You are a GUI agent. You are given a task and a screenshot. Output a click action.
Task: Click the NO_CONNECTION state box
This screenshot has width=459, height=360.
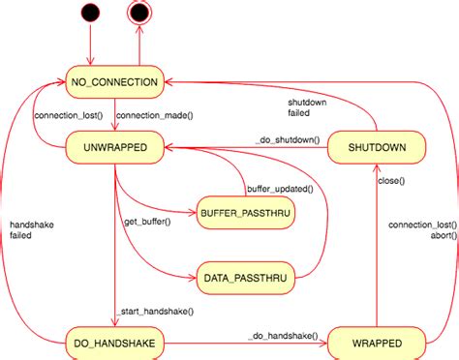point(114,82)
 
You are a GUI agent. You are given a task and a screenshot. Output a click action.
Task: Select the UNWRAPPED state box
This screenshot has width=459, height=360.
point(114,147)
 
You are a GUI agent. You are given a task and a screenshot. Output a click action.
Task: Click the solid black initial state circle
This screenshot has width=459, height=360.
point(90,14)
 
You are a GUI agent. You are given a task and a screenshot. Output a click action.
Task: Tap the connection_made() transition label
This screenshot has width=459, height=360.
point(154,116)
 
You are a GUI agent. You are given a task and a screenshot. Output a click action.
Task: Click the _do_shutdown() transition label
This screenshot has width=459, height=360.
point(288,140)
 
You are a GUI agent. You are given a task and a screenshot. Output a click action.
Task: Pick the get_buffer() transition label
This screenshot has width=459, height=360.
point(147,222)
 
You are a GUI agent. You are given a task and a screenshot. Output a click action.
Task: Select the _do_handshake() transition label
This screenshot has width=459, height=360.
point(282,335)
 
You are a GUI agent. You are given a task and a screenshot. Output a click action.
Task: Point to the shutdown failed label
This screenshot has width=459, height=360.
point(308,106)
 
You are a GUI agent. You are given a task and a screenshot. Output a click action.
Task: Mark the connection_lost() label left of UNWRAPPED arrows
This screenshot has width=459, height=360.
point(68,116)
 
